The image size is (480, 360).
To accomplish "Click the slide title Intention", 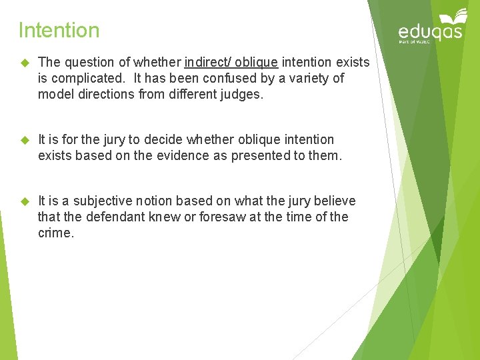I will [x=59, y=30].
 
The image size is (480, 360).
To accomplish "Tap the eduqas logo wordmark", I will [x=430, y=32].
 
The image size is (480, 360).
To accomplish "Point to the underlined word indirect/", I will [x=209, y=62].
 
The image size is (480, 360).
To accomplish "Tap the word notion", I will [x=160, y=201].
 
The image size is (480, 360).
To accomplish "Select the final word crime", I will [x=55, y=233].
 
